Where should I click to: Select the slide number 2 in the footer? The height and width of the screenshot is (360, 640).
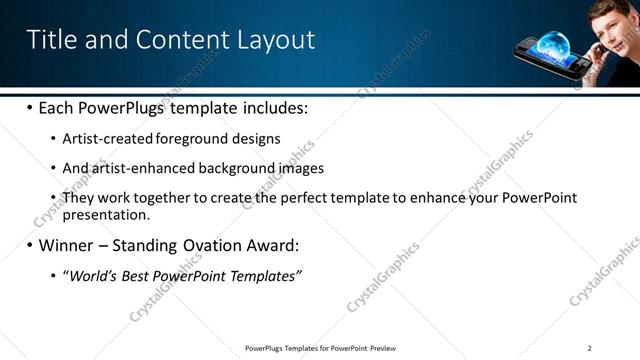coord(590,348)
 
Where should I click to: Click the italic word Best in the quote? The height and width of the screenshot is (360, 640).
coord(135,275)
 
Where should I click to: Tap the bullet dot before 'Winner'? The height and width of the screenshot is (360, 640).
coord(30,245)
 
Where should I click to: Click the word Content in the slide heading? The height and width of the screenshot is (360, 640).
coord(181,40)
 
